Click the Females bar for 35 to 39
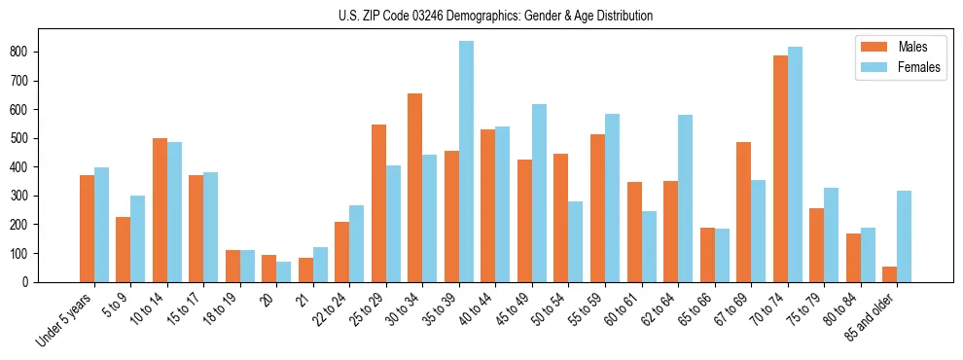467,162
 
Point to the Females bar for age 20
283,271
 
